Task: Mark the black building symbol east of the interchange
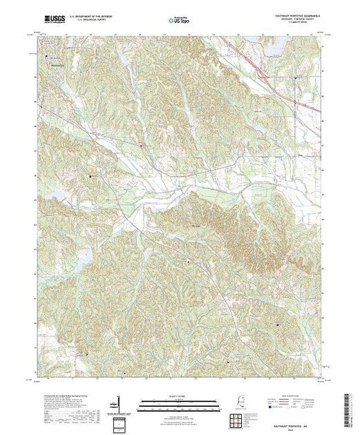297,79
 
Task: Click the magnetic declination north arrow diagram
119,403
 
